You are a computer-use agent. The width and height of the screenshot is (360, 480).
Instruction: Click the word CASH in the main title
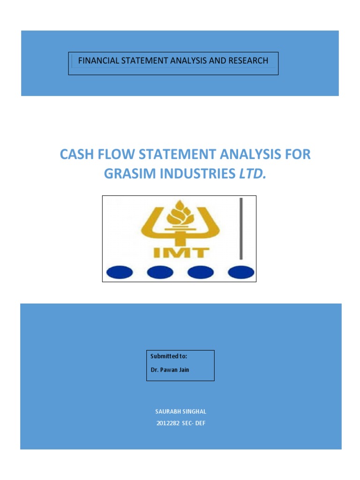(x=76, y=155)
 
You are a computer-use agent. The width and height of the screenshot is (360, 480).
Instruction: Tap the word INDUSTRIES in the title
(x=195, y=174)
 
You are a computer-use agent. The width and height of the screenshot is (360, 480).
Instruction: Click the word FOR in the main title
(x=296, y=155)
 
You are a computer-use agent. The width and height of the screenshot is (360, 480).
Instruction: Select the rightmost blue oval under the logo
(x=240, y=272)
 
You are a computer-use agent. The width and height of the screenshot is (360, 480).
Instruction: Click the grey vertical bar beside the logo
(x=241, y=229)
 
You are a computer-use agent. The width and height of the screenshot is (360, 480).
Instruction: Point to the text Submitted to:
(x=169, y=357)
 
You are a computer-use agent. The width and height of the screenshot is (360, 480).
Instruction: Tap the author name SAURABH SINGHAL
(x=180, y=412)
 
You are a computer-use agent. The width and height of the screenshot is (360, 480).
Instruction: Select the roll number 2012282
(x=167, y=424)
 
